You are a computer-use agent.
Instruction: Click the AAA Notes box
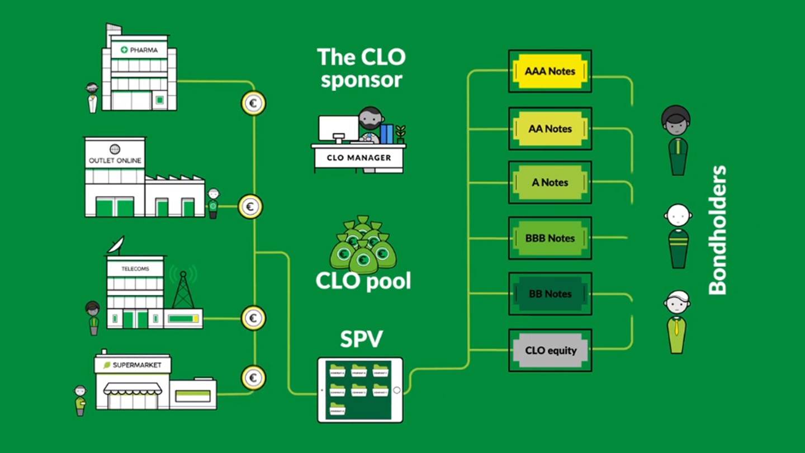coord(550,72)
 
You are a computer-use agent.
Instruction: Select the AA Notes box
coord(550,129)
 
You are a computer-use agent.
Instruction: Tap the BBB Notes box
coord(550,238)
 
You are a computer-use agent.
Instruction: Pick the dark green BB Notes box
coord(550,294)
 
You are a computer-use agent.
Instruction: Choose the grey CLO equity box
coord(550,351)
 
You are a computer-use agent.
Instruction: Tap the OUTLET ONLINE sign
coord(115,160)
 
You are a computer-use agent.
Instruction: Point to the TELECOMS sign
coord(135,268)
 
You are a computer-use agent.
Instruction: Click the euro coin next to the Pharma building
coord(253,103)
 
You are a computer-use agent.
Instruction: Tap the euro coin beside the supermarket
coord(253,378)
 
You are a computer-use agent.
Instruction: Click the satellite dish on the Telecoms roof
coord(117,244)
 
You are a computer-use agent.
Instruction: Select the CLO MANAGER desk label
coord(358,158)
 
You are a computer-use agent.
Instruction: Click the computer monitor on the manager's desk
coord(338,129)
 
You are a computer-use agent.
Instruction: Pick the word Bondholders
coord(717,230)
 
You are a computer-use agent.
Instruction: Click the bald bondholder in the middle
coord(678,235)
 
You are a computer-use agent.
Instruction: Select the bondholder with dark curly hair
coord(676,140)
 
